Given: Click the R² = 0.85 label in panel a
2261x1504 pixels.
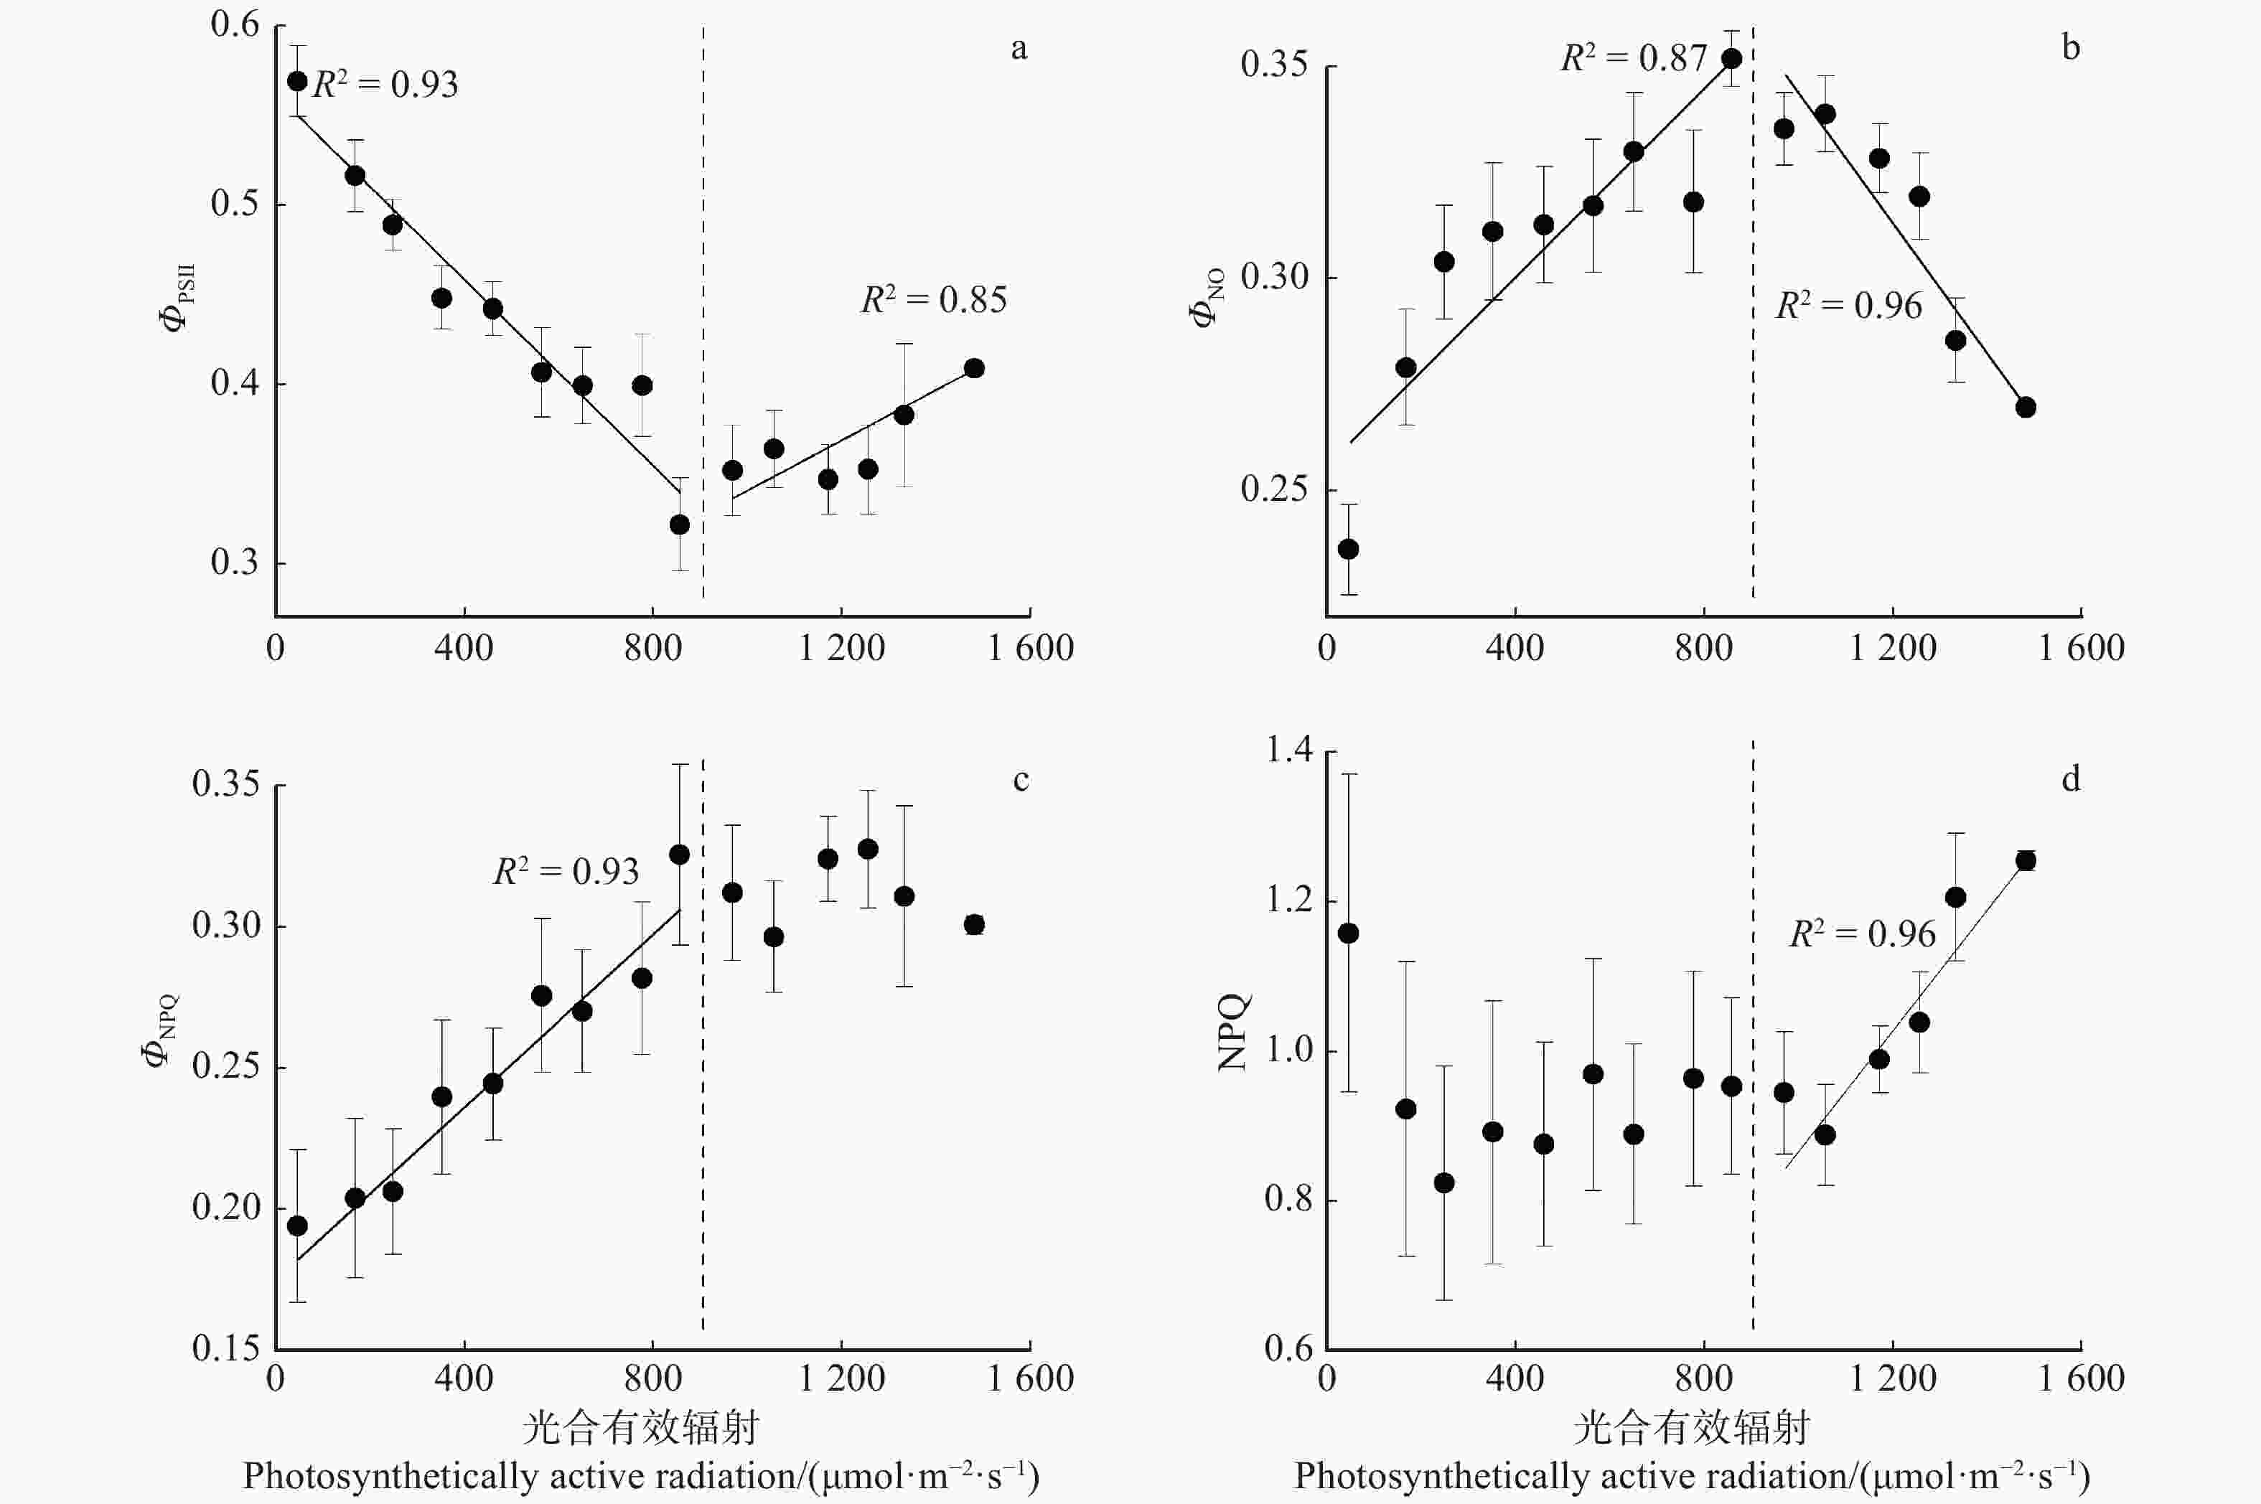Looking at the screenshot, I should point(933,300).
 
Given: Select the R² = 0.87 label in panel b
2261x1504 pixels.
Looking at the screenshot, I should point(1634,59).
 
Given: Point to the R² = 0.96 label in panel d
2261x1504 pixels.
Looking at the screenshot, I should point(1862,934).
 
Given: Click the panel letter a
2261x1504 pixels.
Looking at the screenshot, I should point(1019,48).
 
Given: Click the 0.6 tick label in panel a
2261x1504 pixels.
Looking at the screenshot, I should point(235,25).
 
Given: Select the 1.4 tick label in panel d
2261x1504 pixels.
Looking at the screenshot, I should point(1288,749).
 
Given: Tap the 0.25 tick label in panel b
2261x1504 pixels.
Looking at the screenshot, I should point(1274,489).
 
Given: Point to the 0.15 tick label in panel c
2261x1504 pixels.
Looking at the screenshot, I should point(225,1348).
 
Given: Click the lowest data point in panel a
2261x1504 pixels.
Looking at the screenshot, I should point(679,525).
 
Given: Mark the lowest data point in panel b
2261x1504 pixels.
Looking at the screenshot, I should point(1348,549).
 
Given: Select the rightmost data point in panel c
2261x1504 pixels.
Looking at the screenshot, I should point(973,925).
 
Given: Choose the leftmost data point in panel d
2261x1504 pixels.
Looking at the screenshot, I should point(1348,934).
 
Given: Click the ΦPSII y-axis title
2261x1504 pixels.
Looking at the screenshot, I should point(177,297).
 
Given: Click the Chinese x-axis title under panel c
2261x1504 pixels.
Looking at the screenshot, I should point(640,1428).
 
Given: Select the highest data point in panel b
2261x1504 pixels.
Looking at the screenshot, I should point(1731,59).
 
